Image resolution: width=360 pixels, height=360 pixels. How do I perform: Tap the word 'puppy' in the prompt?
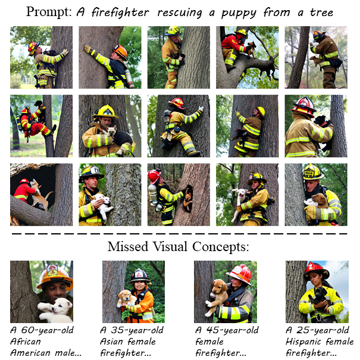(x=239, y=13)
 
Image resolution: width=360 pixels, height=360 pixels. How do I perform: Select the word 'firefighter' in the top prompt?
(x=120, y=12)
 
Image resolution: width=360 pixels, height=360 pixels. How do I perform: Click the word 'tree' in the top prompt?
(x=321, y=12)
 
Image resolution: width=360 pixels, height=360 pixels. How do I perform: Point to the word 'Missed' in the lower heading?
(x=128, y=247)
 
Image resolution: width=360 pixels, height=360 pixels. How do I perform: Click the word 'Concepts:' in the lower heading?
(x=220, y=247)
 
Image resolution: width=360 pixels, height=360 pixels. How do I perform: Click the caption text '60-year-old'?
(x=47, y=330)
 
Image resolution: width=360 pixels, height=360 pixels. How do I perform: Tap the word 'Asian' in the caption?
(x=111, y=341)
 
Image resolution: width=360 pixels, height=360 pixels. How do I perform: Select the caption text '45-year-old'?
(x=232, y=330)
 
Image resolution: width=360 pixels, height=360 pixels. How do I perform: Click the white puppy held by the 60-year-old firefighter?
(x=55, y=310)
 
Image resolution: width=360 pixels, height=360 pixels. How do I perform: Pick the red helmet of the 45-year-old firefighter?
(x=240, y=274)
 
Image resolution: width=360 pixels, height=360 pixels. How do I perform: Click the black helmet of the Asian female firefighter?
(x=139, y=276)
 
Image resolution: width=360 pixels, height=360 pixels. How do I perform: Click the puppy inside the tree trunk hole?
(x=188, y=199)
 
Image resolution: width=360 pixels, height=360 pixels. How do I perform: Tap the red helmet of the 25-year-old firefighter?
(x=316, y=270)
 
